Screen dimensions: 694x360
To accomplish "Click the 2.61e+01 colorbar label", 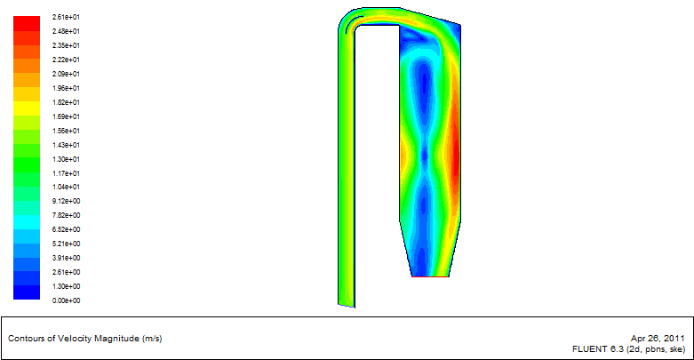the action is coord(66,17).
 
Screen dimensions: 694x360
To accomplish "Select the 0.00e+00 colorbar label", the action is coord(66,300).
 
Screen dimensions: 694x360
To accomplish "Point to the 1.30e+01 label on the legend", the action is coord(66,159).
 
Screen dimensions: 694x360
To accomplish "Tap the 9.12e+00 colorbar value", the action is coord(66,201).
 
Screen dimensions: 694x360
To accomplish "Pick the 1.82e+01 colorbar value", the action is coord(66,102).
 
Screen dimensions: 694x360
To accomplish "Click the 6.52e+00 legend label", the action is coord(66,229).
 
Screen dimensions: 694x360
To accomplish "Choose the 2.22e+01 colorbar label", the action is coord(66,60).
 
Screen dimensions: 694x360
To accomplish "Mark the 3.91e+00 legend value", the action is coord(66,258).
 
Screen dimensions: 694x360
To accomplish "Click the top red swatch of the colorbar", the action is coord(27,23).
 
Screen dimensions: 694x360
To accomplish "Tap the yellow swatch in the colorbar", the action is coord(27,108).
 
